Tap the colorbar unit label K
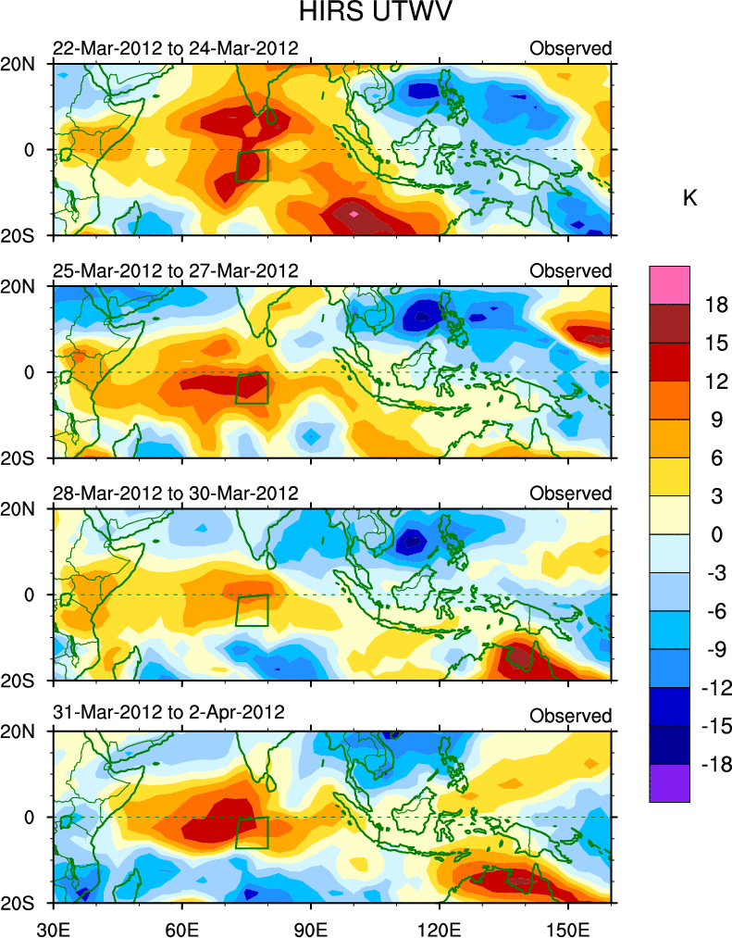click(689, 198)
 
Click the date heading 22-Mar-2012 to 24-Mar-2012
click(176, 47)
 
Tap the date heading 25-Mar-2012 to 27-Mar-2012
click(176, 270)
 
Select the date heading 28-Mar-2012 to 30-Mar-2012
click(176, 492)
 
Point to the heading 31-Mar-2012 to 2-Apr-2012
click(168, 715)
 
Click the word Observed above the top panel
click(571, 48)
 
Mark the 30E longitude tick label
click(53, 925)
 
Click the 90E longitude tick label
click(311, 925)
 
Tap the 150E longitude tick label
click(567, 925)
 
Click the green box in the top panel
click(252, 165)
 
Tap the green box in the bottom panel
click(252, 832)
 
